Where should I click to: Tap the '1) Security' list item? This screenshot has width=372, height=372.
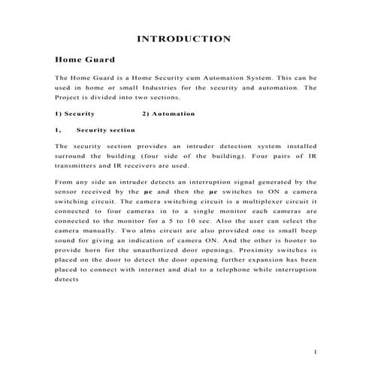pos(74,113)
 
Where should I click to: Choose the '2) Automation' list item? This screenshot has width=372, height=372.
pos(168,113)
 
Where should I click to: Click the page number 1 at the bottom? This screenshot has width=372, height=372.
pos(316,352)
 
